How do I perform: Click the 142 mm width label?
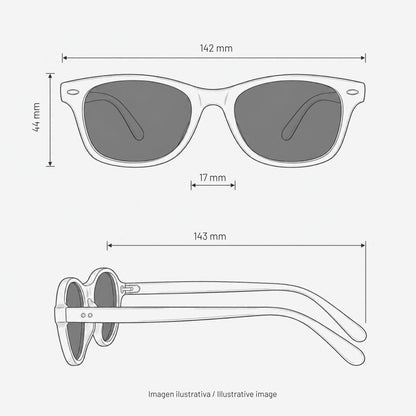point(216,48)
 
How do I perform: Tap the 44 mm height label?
point(37,117)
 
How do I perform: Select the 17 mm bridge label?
point(213,177)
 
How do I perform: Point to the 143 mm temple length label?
point(210,236)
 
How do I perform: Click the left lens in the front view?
point(138,121)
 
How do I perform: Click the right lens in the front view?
point(289,121)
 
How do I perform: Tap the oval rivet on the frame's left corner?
point(73,92)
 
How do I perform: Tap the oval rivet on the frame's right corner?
point(352,92)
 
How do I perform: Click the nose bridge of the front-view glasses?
point(213,97)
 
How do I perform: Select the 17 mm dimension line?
point(213,185)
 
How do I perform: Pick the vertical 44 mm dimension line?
point(50,120)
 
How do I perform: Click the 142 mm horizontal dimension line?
point(214,58)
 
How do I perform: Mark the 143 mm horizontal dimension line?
point(236,246)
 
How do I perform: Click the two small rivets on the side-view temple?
point(87,315)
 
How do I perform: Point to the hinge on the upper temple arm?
point(130,288)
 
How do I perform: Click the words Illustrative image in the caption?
point(247,394)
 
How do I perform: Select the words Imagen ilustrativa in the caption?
point(179,394)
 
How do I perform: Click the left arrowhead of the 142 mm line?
point(65,58)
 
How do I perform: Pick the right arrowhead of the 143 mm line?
point(363,246)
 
